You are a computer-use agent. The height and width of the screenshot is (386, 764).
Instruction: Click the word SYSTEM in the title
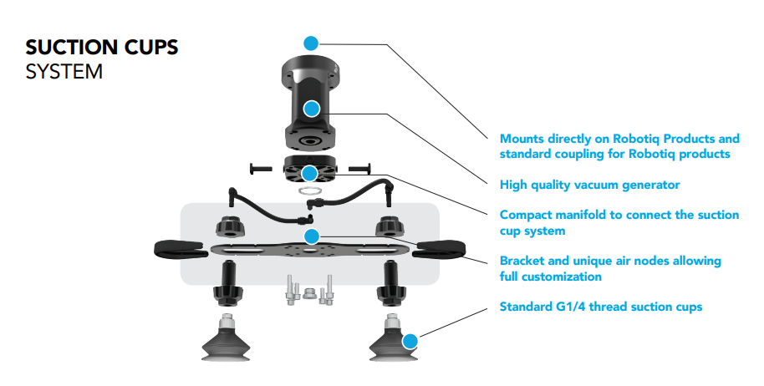click(64, 72)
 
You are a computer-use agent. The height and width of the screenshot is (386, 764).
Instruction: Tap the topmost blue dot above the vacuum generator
click(311, 42)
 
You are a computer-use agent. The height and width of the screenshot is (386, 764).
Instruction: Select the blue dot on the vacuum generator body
click(311, 108)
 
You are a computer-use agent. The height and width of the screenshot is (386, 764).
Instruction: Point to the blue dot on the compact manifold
click(311, 174)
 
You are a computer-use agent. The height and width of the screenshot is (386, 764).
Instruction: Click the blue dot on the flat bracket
click(311, 236)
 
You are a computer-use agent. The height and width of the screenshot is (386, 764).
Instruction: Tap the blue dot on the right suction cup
click(409, 341)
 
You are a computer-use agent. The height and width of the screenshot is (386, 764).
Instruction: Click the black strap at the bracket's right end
click(443, 248)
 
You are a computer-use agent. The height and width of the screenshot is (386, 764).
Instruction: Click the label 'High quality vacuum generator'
click(589, 185)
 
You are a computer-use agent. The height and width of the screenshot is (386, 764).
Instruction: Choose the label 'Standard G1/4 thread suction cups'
click(600, 307)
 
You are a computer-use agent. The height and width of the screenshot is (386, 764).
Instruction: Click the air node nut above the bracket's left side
click(229, 226)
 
